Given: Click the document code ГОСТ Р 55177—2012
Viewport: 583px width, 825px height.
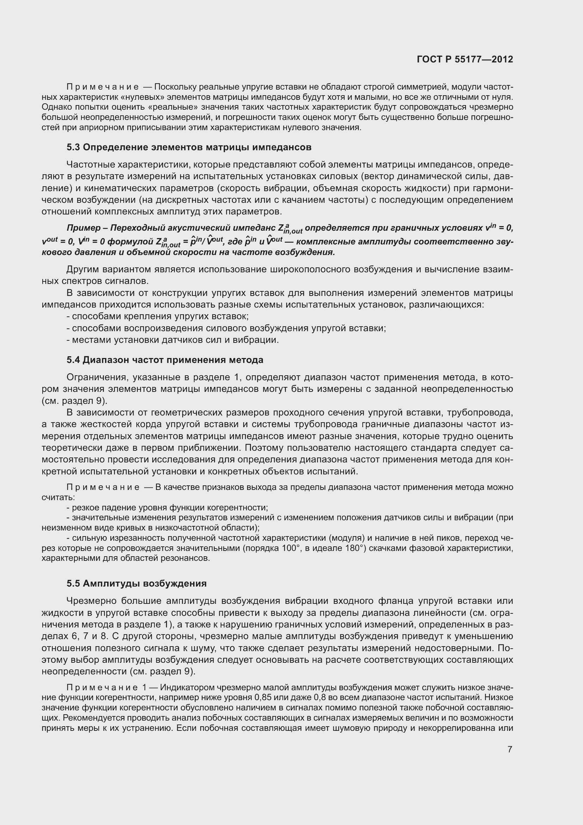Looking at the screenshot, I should [x=465, y=60].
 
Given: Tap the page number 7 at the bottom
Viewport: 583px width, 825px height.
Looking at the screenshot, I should [x=510, y=749].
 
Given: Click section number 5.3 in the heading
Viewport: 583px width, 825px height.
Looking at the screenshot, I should [x=73, y=147].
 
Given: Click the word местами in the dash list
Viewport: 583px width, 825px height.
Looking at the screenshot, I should [x=91, y=340].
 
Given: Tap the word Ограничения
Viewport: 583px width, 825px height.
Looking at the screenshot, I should [x=97, y=377].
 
